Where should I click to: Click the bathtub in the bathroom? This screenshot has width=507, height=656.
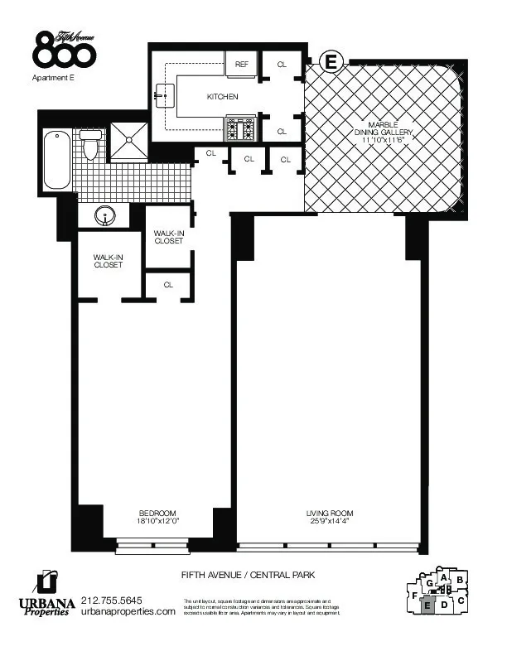click(x=57, y=160)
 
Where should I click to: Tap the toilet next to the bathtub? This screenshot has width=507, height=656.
click(x=90, y=145)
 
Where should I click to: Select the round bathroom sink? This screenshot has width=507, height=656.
click(x=105, y=215)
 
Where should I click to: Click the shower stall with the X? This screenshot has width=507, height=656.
click(x=128, y=140)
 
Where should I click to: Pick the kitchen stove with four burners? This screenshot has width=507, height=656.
click(x=240, y=128)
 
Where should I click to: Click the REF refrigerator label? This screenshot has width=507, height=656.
click(x=242, y=64)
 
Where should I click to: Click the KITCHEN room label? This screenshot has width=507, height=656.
click(x=222, y=97)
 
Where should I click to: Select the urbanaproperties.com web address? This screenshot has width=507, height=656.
click(x=128, y=611)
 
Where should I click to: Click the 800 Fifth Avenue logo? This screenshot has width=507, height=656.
click(x=65, y=50)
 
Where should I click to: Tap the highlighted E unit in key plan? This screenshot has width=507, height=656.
click(x=427, y=605)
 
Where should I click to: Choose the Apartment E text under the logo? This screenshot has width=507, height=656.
click(x=53, y=79)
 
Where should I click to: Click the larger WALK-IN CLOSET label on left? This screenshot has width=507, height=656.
click(x=109, y=261)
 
